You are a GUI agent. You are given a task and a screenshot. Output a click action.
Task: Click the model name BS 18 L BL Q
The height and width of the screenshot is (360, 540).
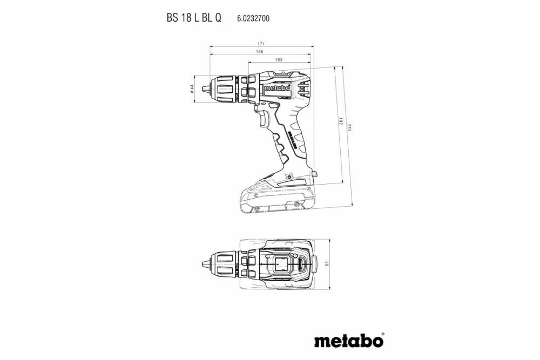tap(193, 18)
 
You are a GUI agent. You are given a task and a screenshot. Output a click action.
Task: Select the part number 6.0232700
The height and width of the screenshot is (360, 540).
tap(253, 18)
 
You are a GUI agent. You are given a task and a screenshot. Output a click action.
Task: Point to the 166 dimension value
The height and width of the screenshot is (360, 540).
tap(260, 51)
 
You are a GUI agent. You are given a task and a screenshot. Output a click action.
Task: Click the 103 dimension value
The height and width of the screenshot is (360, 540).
tap(279, 60)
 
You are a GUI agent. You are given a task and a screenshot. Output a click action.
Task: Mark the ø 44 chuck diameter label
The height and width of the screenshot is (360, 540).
tap(192, 89)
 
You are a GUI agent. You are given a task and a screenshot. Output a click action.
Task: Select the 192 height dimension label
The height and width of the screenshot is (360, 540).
tap(341, 123)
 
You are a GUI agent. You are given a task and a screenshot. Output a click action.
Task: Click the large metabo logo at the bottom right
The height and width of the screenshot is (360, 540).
tap(349, 341)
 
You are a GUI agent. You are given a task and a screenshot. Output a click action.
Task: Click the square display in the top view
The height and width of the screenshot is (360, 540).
tap(281, 264)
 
